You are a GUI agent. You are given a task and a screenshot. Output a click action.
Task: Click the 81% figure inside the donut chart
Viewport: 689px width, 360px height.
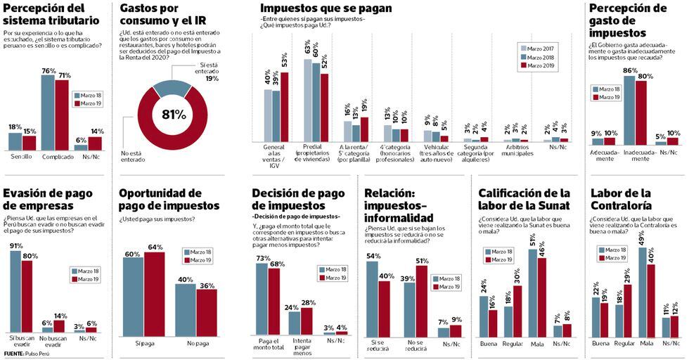(x=174, y=114)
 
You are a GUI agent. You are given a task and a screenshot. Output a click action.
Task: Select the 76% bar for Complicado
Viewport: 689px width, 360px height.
(x=48, y=112)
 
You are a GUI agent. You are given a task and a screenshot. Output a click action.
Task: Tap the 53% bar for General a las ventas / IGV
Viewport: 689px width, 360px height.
(x=285, y=107)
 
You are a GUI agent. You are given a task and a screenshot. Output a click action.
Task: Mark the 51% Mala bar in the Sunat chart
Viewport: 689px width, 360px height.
(x=533, y=291)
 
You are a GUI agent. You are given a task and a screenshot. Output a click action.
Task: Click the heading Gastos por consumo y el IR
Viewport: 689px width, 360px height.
(x=160, y=18)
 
